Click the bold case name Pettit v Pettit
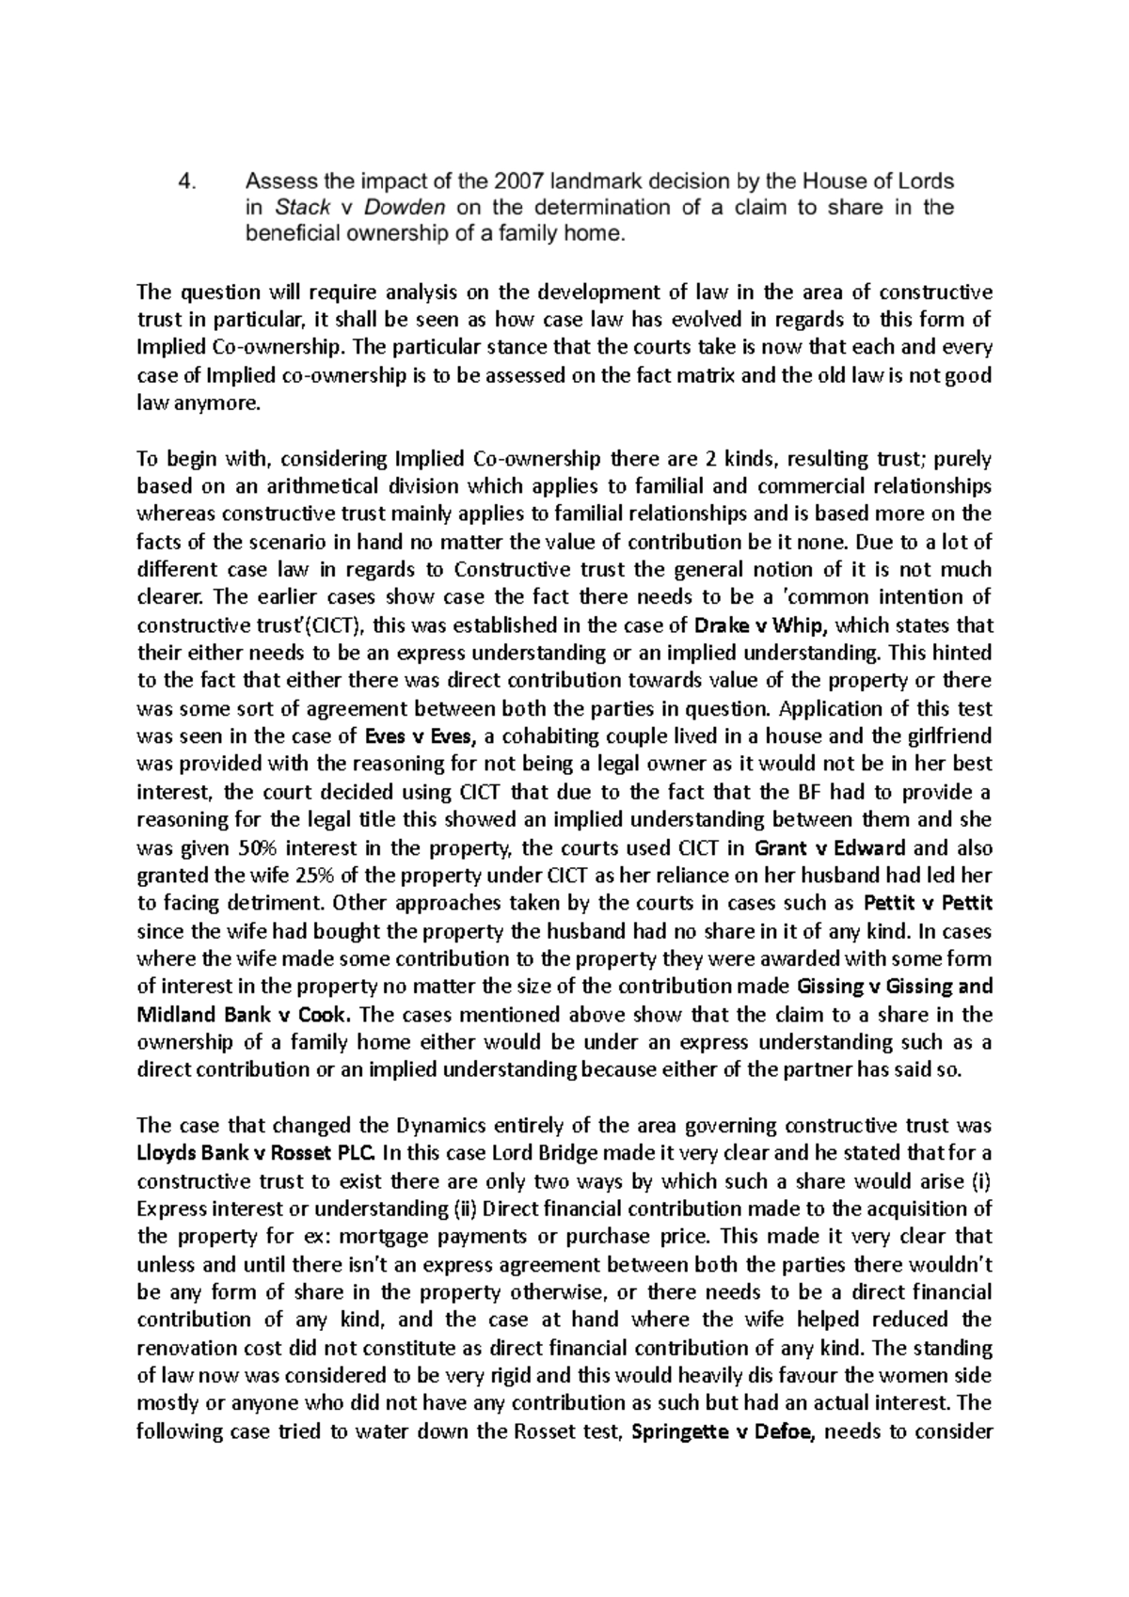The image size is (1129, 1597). click(928, 904)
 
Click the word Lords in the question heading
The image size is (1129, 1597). click(926, 182)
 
